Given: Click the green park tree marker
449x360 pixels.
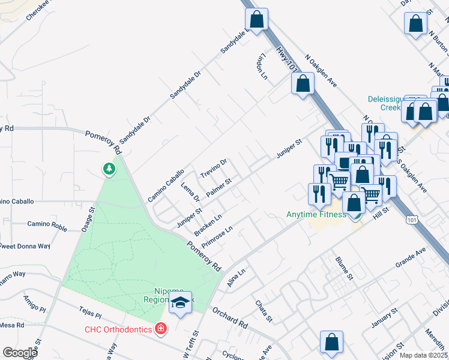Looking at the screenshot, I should point(109,170).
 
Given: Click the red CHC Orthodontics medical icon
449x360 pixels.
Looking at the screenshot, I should point(160,328).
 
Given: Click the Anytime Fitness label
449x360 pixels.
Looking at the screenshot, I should point(316,214).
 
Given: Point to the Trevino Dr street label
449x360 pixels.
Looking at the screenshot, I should point(214,167).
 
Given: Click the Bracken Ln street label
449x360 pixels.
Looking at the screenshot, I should point(208,224).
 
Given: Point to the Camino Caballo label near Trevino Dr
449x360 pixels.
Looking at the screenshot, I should point(166,185).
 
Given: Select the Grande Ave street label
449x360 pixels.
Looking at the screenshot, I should point(411,256).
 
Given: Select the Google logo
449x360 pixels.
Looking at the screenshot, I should point(20,353).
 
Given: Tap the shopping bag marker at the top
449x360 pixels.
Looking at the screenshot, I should point(257,19).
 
